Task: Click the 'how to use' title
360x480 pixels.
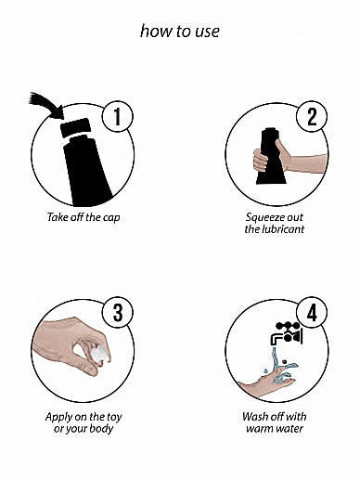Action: point(180,32)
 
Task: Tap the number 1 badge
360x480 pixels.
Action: point(118,116)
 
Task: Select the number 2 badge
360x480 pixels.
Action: point(312,116)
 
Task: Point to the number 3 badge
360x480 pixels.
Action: point(118,313)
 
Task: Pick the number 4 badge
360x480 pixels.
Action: point(312,313)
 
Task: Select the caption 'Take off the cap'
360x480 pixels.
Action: point(84,217)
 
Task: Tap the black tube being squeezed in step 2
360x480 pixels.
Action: point(271,156)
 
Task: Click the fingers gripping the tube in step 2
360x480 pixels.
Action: point(260,161)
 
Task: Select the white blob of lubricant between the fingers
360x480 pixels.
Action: point(101,354)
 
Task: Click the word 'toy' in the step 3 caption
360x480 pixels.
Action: point(114,417)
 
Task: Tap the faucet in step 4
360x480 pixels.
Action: point(287,333)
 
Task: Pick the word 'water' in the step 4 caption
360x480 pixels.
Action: point(289,429)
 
